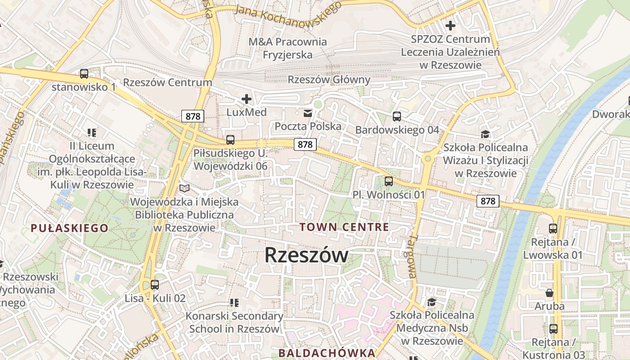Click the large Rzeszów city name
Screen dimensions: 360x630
click(x=306, y=255)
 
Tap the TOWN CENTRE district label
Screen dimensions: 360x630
click(x=344, y=227)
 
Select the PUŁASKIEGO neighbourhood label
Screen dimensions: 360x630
click(x=69, y=228)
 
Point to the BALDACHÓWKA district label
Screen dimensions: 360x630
click(x=327, y=353)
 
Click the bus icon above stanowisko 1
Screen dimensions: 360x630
click(x=84, y=74)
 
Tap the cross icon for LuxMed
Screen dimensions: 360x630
click(x=246, y=99)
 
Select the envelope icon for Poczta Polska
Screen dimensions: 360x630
click(x=308, y=113)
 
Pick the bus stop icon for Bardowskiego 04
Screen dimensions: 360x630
click(x=396, y=117)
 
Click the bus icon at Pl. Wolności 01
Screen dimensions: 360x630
click(x=389, y=181)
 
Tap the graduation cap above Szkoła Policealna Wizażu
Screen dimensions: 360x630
click(x=485, y=134)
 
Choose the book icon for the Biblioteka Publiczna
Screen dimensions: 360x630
click(x=184, y=188)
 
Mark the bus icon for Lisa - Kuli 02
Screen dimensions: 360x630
click(x=155, y=285)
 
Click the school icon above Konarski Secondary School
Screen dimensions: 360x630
click(x=234, y=303)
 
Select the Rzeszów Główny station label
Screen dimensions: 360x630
click(x=329, y=80)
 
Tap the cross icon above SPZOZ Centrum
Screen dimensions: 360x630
click(x=450, y=26)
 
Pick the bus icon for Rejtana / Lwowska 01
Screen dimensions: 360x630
click(x=553, y=229)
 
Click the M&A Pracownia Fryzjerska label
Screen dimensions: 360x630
click(x=288, y=48)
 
